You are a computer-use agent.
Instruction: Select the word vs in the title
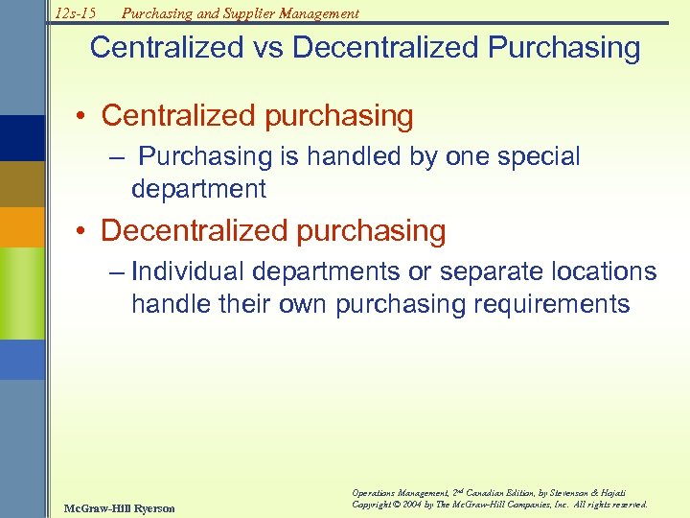tap(268, 48)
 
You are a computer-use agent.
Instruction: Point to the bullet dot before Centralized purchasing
tap(84, 117)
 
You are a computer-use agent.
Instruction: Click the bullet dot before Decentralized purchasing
tap(84, 231)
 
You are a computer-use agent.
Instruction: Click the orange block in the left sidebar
tap(22, 227)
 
